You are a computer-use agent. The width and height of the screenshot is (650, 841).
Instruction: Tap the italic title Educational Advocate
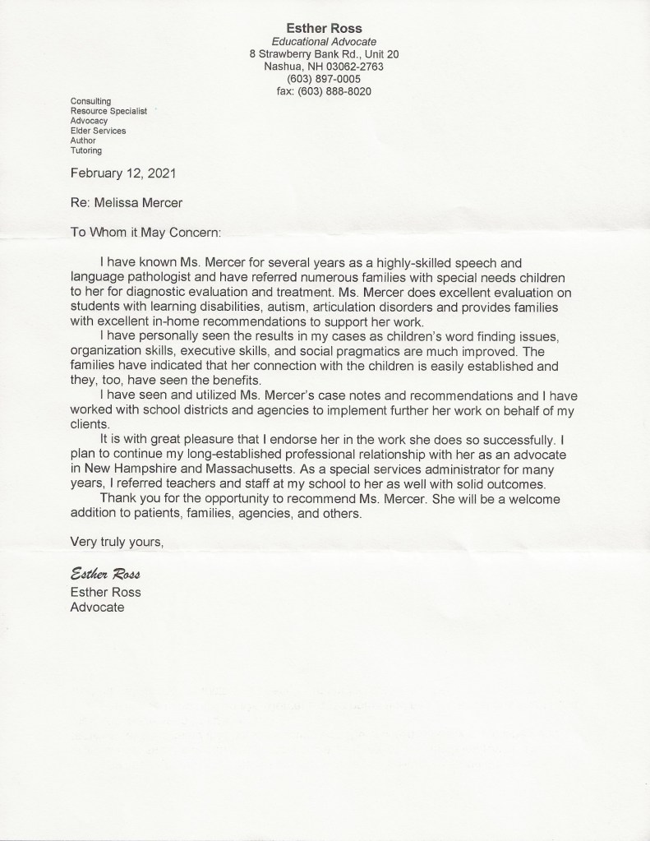click(x=324, y=41)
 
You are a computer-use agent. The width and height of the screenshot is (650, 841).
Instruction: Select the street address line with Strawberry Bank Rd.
click(x=324, y=54)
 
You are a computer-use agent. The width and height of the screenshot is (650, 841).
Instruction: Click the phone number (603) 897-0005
click(x=324, y=79)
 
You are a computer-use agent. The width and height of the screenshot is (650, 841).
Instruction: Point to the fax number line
click(x=324, y=91)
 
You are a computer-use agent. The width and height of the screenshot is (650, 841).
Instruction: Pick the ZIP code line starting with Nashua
click(x=324, y=67)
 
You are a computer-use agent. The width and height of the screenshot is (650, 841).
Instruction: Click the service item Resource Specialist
click(x=108, y=110)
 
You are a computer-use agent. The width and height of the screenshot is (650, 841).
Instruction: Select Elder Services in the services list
click(x=98, y=131)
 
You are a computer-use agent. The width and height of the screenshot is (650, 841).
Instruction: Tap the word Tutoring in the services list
click(x=86, y=150)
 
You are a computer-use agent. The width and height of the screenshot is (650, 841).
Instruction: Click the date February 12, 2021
click(x=122, y=173)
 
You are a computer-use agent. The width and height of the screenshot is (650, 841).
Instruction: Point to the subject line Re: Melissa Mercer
click(x=127, y=203)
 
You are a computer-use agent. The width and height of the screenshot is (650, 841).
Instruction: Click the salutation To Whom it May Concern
click(x=145, y=233)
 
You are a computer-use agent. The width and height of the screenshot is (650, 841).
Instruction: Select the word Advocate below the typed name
click(x=97, y=608)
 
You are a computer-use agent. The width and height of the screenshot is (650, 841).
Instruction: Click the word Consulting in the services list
click(x=90, y=100)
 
